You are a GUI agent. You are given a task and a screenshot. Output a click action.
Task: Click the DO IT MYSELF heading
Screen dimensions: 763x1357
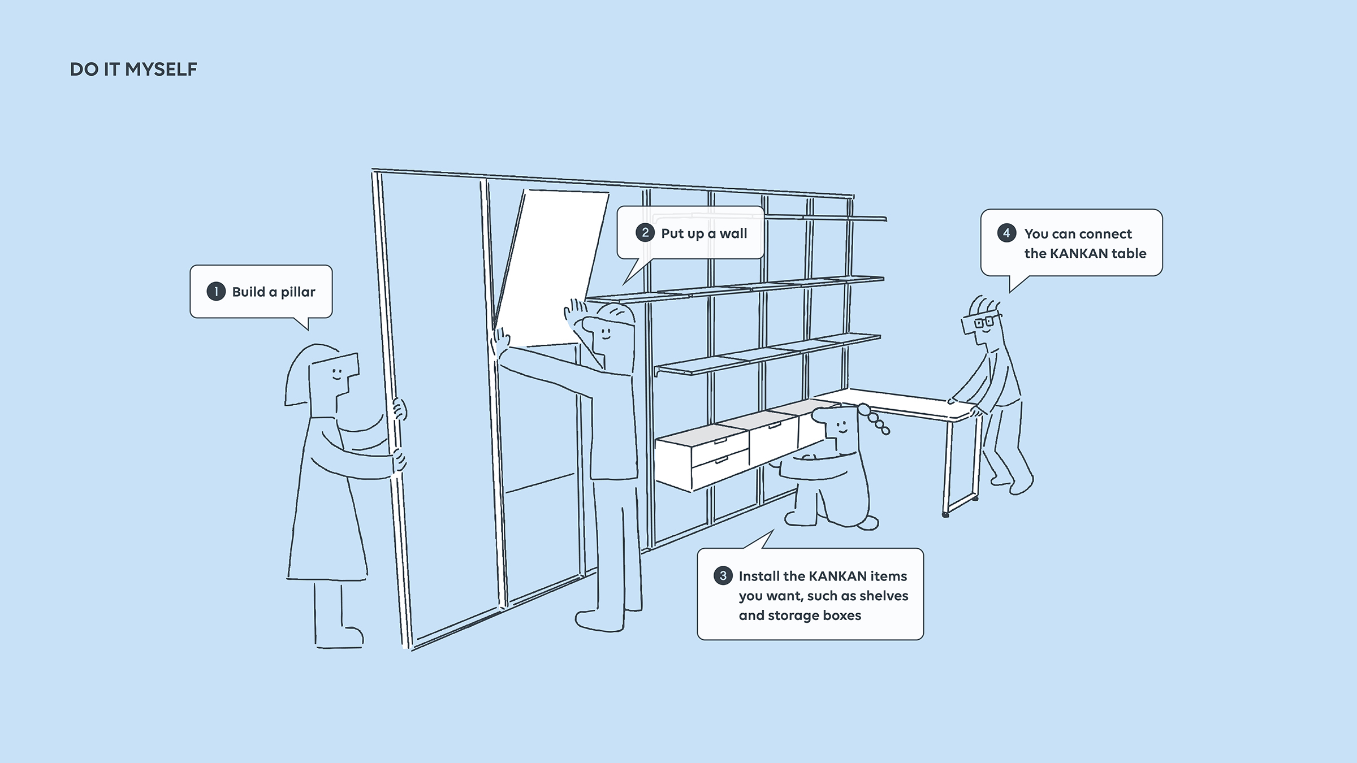coord(133,70)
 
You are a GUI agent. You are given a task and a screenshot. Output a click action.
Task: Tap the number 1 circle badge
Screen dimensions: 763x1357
coord(216,292)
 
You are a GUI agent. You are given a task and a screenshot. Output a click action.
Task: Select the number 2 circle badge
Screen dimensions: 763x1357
coord(645,233)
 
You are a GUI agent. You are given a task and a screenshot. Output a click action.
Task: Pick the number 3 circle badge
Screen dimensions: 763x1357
coord(723,576)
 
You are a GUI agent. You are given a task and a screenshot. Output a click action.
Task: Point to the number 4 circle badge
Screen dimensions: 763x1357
coord(1006,233)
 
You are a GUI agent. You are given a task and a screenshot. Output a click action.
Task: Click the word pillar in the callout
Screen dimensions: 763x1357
coord(298,292)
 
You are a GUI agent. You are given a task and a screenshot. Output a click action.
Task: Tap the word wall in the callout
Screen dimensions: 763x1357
coord(733,233)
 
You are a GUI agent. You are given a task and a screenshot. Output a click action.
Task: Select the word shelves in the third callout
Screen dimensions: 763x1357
coord(884,596)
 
